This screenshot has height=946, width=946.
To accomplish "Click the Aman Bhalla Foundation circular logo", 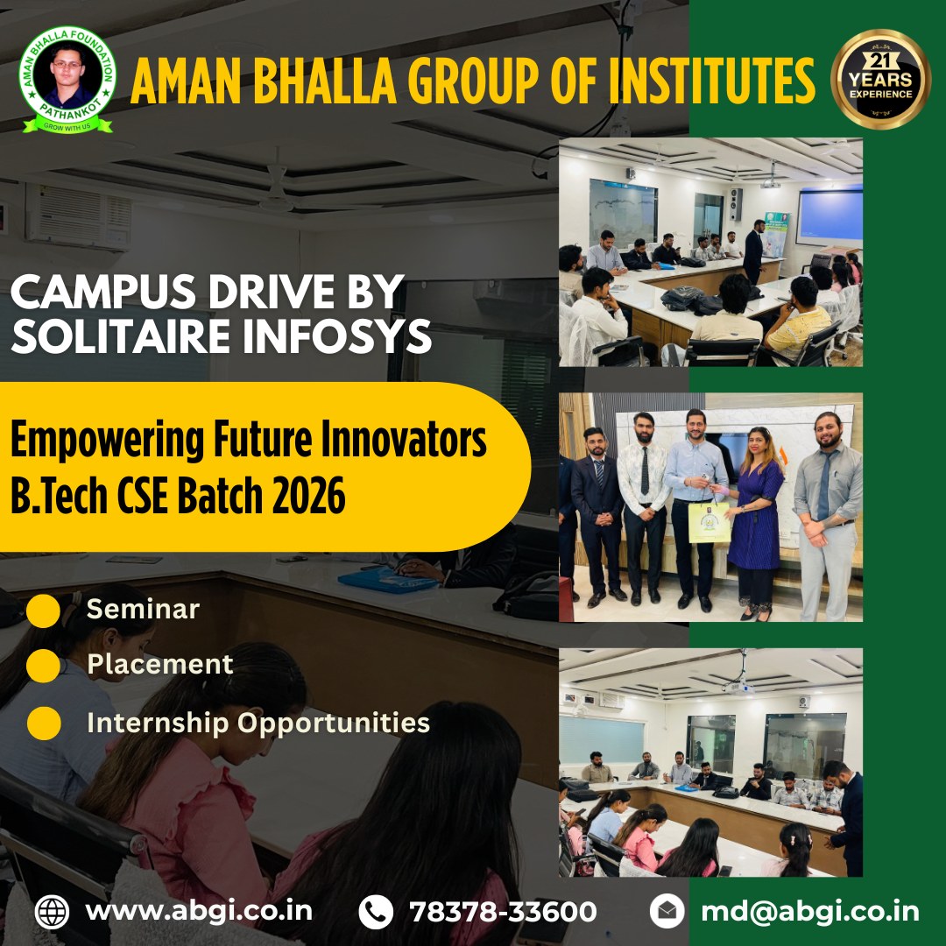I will (x=67, y=80).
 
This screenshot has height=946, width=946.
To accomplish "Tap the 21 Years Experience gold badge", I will (x=880, y=79).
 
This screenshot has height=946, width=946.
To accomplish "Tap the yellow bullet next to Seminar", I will (x=43, y=610).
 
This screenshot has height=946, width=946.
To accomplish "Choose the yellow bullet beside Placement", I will (x=43, y=666).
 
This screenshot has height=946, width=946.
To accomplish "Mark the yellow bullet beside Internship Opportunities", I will (x=43, y=724).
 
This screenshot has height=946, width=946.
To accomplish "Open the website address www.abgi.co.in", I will (x=199, y=911).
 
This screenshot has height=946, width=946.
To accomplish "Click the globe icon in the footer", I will (x=52, y=912).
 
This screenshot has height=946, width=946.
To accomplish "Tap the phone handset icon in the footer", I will (x=376, y=912).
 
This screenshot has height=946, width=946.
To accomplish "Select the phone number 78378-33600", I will (x=503, y=911).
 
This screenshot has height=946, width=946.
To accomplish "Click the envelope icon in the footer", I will (x=667, y=912).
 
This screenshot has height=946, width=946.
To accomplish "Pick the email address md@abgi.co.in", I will (x=810, y=911).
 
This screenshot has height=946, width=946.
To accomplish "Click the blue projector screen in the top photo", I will (x=829, y=215).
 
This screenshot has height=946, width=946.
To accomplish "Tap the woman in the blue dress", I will (x=754, y=508).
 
